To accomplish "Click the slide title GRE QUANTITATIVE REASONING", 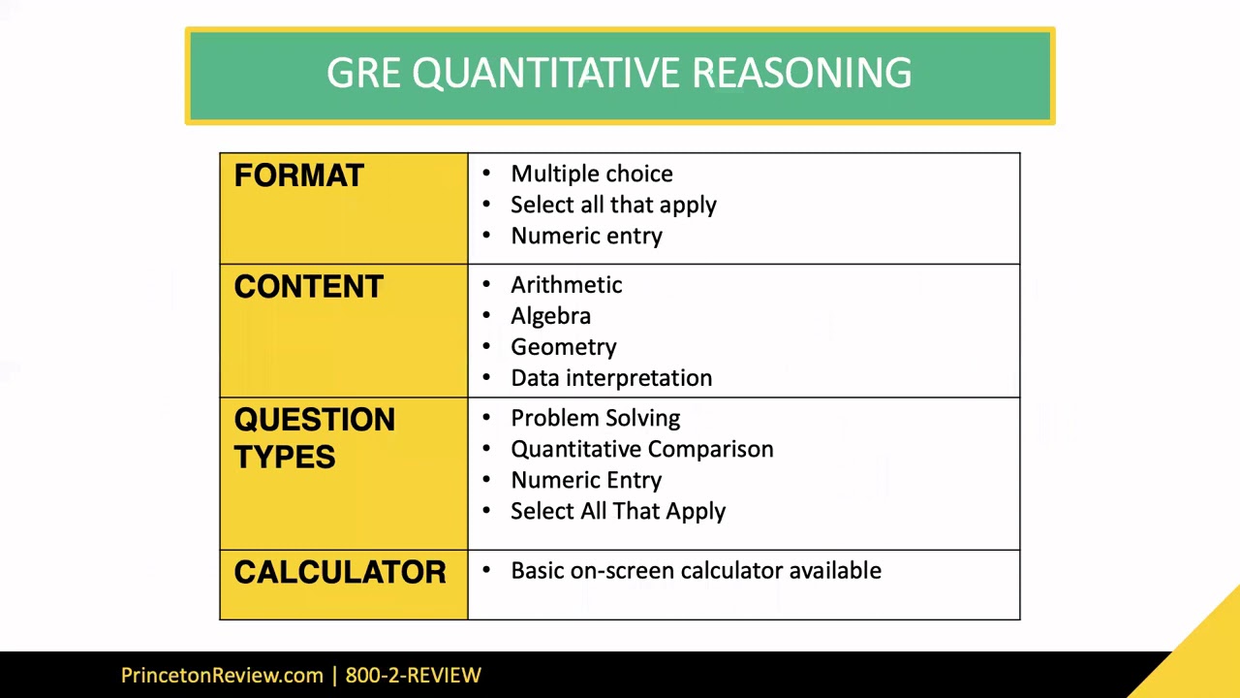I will tap(619, 74).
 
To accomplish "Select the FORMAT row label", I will tap(298, 175).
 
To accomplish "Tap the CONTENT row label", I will tap(308, 287).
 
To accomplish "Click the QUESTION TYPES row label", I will tap(314, 437).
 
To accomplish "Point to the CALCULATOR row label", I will tap(339, 572).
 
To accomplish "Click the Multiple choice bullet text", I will tap(591, 174).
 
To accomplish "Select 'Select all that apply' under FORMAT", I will tap(613, 205).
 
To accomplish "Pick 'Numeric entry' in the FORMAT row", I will tap(586, 236).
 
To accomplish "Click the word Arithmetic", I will tap(566, 285).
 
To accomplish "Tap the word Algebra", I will tap(550, 316).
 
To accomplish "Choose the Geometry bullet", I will tap(563, 347).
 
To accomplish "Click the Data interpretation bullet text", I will tap(610, 378).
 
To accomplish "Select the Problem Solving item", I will tap(595, 418).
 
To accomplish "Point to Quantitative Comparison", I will tap(641, 449).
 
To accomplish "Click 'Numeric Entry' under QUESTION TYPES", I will tap(586, 480).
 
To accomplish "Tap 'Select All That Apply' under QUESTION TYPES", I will tap(617, 511).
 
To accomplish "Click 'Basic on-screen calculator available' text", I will tap(696, 571).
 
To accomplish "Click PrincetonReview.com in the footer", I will tap(222, 676).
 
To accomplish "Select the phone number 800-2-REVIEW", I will tap(413, 676).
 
